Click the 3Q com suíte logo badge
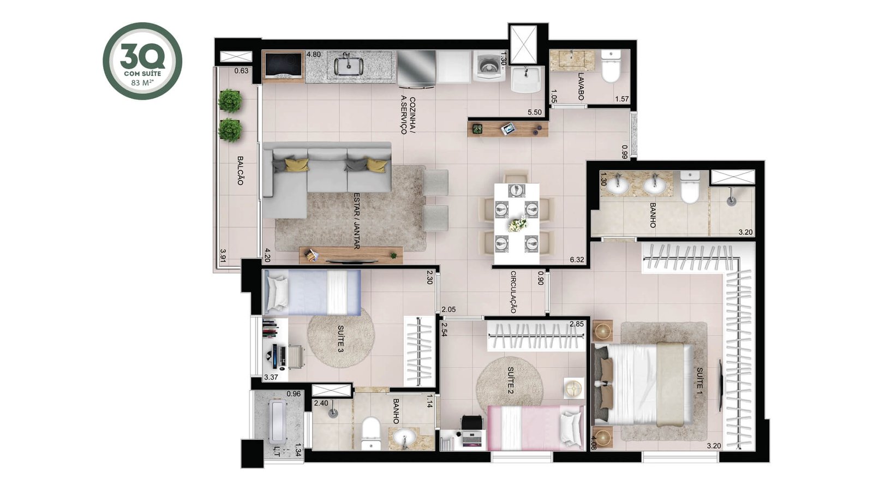tap(142, 61)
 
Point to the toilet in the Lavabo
tap(611, 67)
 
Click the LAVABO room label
tap(581, 87)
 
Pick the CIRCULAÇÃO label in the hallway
tap(513, 292)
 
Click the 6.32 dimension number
tap(577, 260)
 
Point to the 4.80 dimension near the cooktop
tap(314, 55)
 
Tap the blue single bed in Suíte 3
tap(312, 292)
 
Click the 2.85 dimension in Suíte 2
tap(577, 324)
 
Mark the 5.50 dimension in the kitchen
tap(535, 112)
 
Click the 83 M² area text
tap(142, 82)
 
